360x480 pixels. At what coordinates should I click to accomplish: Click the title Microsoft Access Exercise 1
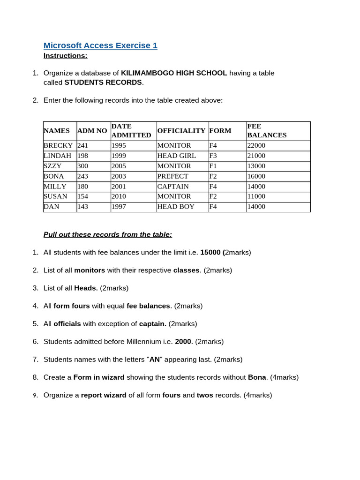100,45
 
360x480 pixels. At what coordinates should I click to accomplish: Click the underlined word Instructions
65,56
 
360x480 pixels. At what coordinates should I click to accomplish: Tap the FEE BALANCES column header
267,131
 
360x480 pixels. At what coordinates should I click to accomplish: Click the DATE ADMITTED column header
131,131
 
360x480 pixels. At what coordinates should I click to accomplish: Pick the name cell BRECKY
58,146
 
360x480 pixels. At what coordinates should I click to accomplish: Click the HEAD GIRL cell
177,156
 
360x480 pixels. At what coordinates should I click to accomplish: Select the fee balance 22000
256,146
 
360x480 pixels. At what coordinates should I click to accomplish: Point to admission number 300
82,166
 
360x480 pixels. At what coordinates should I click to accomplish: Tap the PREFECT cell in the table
173,176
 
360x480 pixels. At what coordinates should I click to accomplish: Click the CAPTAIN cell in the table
173,187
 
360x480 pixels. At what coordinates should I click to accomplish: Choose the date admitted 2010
119,196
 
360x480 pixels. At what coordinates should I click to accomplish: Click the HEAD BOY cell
176,207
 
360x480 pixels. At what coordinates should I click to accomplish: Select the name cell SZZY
52,166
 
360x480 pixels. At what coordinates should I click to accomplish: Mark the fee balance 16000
256,176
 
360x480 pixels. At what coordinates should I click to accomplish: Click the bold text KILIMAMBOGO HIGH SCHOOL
174,73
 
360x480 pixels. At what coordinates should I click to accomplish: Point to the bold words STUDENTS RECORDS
103,82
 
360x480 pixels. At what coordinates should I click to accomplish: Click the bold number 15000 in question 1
210,252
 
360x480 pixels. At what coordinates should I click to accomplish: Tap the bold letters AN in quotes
155,360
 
